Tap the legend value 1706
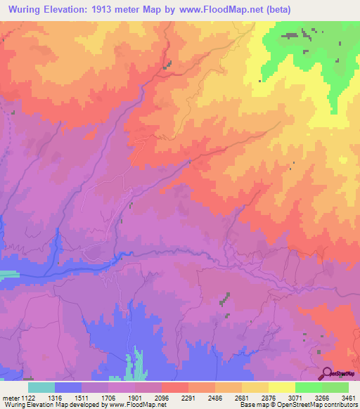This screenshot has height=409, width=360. [x=108, y=396]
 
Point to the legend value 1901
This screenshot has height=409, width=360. [x=135, y=396]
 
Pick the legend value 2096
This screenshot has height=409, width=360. [x=162, y=396]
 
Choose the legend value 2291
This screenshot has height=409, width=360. [x=188, y=396]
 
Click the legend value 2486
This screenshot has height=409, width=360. [x=215, y=396]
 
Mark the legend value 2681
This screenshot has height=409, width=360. [x=242, y=396]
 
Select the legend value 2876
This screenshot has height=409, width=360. [x=269, y=396]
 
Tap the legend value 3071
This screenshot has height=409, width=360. [x=295, y=396]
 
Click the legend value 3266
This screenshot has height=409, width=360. [x=322, y=396]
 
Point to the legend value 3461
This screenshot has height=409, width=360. [x=348, y=396]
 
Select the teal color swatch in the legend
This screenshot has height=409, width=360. [x=41, y=387]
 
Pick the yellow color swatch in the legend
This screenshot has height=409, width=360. [x=281, y=387]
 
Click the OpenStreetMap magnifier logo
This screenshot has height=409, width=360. [x=328, y=372]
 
